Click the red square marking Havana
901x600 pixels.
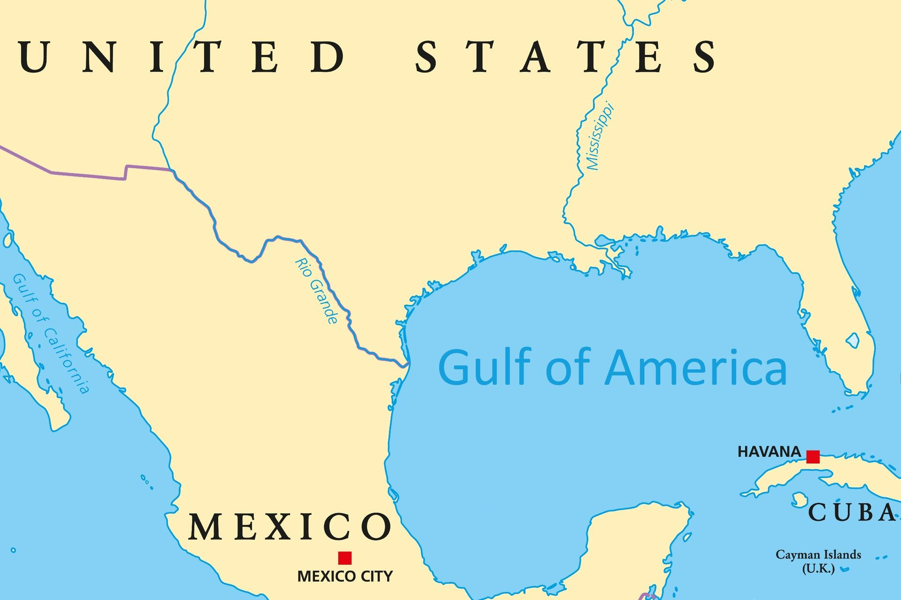[813, 457]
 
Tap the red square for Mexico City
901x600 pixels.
[345, 558]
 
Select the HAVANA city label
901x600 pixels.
[769, 452]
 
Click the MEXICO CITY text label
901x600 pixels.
[345, 576]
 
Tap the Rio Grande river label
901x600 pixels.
[316, 291]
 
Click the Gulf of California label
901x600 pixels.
[51, 333]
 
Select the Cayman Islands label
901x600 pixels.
[818, 555]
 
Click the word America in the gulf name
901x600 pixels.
[696, 368]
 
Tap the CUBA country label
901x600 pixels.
[852, 512]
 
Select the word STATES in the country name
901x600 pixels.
[565, 56]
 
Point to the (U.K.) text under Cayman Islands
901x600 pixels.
[818, 569]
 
